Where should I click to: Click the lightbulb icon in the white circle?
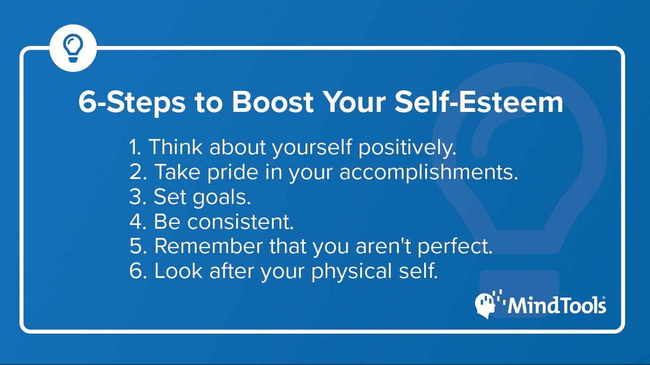[x=73, y=48]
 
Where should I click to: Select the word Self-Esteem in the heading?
[x=479, y=102]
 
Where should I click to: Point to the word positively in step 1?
[x=407, y=148]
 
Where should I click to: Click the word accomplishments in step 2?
[x=428, y=172]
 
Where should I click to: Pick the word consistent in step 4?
[x=240, y=222]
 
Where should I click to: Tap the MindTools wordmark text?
[x=557, y=305]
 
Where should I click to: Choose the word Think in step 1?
[x=175, y=147]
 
